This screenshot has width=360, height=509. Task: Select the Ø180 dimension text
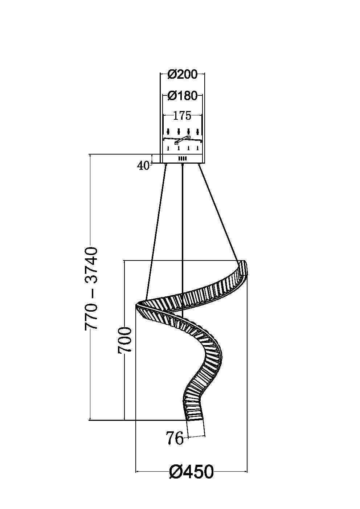coord(183,96)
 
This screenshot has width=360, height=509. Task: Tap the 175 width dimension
coord(182,116)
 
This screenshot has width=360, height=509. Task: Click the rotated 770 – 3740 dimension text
coord(91,289)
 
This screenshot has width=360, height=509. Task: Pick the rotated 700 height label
coord(124,343)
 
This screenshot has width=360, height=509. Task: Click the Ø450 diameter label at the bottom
coord(191,472)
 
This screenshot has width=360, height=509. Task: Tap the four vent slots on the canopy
coord(183,159)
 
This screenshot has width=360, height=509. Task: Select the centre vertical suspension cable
coord(183,241)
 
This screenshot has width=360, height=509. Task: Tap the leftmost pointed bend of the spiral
coord(136,305)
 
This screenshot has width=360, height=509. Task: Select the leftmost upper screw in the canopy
coord(168,132)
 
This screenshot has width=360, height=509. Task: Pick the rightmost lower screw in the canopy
coord(197,148)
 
